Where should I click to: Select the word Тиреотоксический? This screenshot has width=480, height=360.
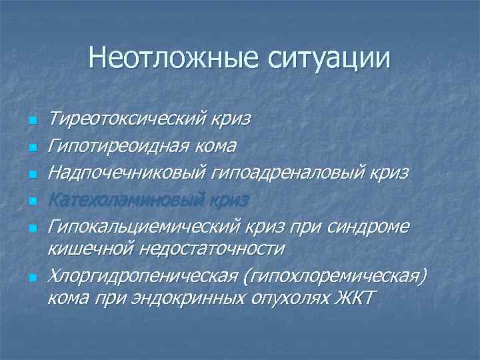[x=127, y=120]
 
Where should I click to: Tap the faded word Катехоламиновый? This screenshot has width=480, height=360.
[x=127, y=199]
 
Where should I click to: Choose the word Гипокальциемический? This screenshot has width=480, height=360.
[x=143, y=225]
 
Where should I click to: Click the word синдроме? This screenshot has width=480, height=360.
[x=369, y=225]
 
